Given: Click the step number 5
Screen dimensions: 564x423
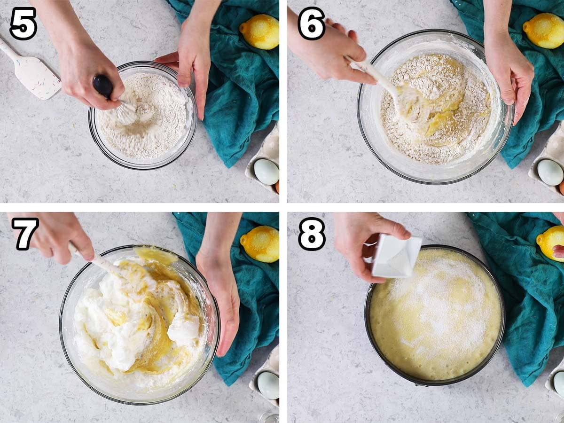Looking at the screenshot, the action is point(23,23).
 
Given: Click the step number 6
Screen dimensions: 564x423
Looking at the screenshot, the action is point(312,23).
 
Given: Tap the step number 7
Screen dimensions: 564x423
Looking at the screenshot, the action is point(25,234).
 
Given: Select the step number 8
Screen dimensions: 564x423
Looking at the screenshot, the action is point(312,234).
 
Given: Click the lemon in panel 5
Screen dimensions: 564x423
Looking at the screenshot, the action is point(259,31).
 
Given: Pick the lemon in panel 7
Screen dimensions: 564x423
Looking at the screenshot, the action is point(260,244).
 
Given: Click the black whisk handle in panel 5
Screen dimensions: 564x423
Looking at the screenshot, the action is point(103,86).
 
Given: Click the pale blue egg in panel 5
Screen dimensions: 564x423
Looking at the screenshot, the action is point(266,172).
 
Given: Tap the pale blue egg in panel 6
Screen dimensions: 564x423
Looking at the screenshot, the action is point(550,172).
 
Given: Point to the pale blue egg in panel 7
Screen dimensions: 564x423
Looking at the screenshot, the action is point(268,385).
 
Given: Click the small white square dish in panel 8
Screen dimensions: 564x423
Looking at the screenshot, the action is point(395,256).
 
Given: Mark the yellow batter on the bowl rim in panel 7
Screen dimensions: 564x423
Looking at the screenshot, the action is point(156,256).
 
